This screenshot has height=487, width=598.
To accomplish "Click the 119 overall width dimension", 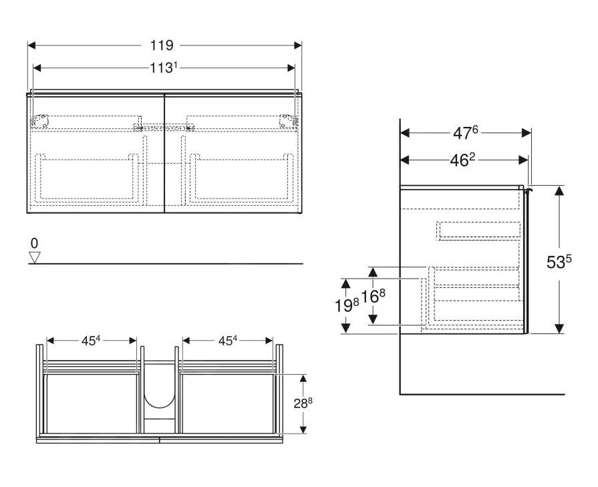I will [162, 45].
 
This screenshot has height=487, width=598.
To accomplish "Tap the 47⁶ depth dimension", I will [466, 133].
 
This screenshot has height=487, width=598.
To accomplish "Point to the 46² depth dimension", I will [463, 160].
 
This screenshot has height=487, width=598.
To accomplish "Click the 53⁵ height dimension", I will [559, 261].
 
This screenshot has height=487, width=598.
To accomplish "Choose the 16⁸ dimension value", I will [373, 295].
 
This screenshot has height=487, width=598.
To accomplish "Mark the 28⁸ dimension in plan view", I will [303, 403].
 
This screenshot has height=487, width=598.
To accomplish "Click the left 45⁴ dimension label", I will [91, 341].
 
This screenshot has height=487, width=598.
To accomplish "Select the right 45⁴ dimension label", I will [227, 341].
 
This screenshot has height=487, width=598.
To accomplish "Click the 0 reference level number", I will [35, 243].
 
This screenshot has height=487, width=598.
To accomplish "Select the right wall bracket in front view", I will [287, 120].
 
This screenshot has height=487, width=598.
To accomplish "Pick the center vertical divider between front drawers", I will [164, 154].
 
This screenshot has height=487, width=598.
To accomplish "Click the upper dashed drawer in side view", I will [478, 230].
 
